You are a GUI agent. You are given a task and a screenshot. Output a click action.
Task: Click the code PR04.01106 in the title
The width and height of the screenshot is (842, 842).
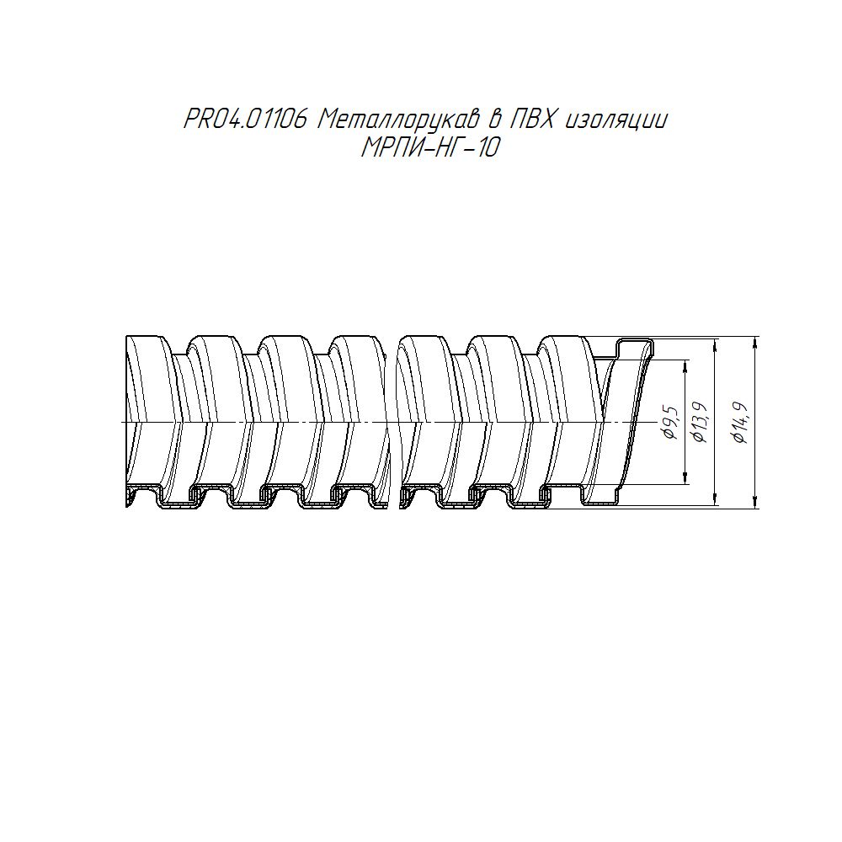coord(245,120)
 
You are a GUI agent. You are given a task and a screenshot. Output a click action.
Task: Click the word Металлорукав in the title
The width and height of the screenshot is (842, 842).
coord(398,120)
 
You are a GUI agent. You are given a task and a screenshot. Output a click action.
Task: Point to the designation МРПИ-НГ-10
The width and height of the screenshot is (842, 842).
coord(429,148)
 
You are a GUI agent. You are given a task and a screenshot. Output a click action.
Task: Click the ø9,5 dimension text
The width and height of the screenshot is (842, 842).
coord(672,424)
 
